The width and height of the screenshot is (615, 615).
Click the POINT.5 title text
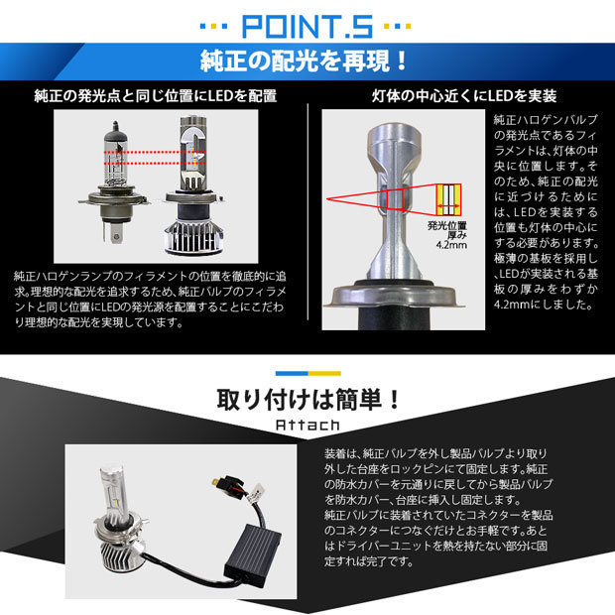(x=307, y=26)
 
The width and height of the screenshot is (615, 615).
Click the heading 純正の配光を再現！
(x=305, y=61)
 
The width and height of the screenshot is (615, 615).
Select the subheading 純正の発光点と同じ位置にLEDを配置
(x=156, y=95)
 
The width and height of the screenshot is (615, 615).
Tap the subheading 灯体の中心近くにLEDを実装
(x=464, y=95)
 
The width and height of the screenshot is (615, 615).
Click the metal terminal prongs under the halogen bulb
(x=114, y=231)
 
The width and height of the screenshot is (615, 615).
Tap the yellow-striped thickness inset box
(x=449, y=199)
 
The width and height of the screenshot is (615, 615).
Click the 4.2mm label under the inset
(x=451, y=245)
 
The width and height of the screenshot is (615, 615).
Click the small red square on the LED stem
(x=395, y=199)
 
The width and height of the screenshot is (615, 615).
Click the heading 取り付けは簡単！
(x=307, y=400)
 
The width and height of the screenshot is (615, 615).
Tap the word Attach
(x=307, y=426)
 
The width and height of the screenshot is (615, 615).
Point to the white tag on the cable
(x=257, y=492)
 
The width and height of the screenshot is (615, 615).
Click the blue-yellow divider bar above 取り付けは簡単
(x=307, y=373)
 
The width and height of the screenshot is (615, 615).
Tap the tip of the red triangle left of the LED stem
(x=326, y=199)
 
